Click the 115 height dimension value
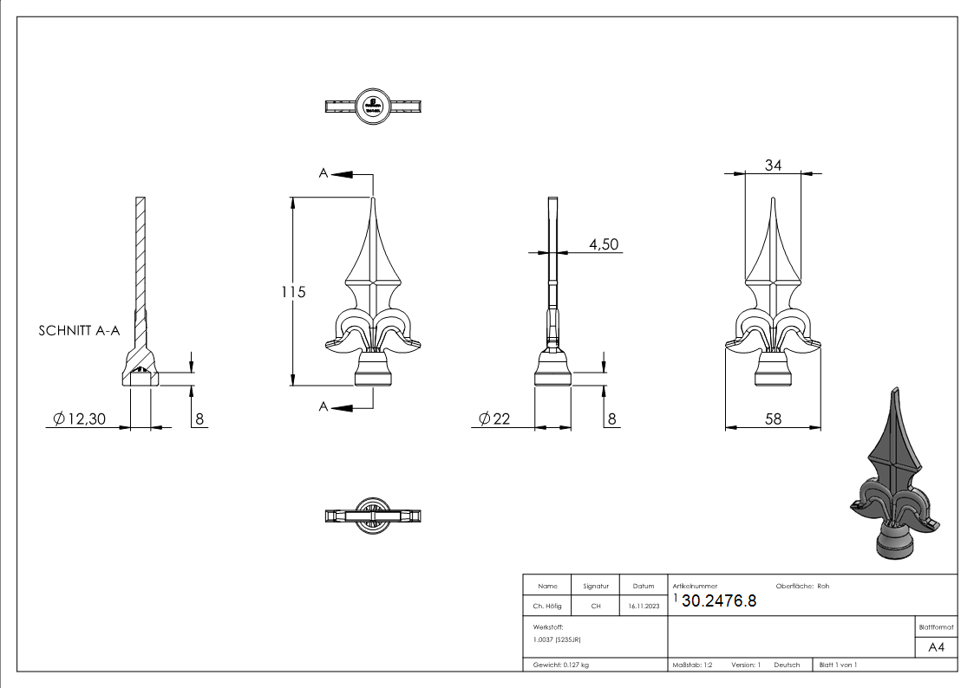pos(293,292)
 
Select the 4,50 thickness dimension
pos(604,245)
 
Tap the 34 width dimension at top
pos(773,166)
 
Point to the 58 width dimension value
pos(773,419)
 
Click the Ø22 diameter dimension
pos(494,419)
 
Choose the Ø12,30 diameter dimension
pos(79,419)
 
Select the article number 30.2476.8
pos(719,601)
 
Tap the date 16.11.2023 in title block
pos(643,607)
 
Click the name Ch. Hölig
pos(547,607)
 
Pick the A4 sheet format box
pos(936,647)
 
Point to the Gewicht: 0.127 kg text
pos(561,665)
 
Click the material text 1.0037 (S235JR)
pos(557,639)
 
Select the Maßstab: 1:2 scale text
pos(692,665)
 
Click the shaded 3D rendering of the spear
pos(893,481)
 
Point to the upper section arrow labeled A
pos(345,174)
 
